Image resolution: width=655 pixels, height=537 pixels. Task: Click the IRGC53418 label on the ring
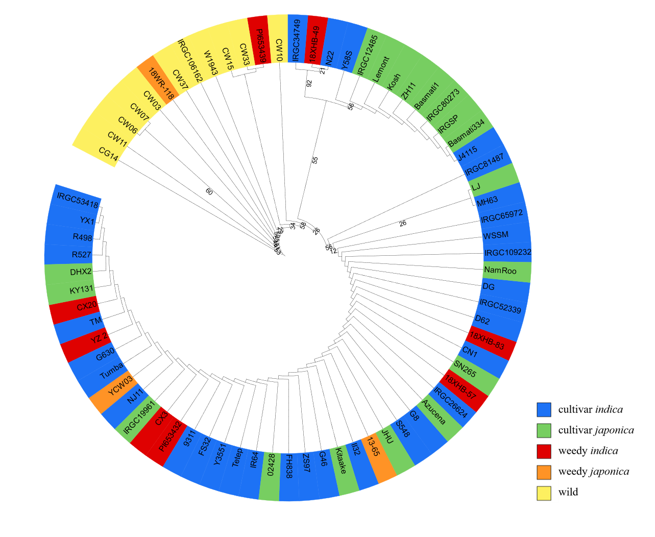(78, 200)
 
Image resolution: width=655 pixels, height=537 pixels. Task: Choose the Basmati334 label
(466, 134)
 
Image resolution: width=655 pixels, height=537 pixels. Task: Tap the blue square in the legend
(544, 409)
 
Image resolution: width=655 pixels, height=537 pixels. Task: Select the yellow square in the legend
(544, 494)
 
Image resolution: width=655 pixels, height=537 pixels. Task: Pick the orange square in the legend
(544, 473)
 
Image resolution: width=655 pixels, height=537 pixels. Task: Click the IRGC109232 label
(507, 253)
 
